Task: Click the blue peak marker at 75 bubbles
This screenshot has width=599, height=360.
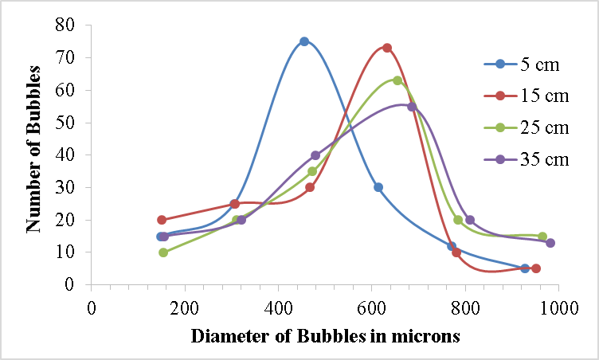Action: (x=304, y=41)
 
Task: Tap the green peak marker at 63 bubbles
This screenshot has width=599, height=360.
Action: (x=397, y=80)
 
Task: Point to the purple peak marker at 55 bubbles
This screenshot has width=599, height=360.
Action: (x=412, y=107)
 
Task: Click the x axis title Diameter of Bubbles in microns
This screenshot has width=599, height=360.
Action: (x=326, y=335)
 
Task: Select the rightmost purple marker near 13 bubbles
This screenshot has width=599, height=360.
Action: (x=550, y=243)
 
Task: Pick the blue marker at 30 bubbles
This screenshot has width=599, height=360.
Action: (x=378, y=187)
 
